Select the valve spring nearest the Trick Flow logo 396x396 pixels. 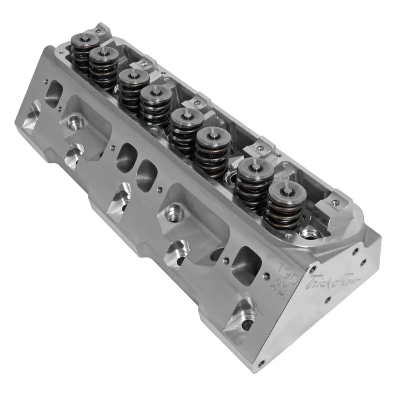click(285, 206)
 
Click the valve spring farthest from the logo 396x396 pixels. click(84, 51)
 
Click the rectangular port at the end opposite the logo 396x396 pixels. click(54, 93)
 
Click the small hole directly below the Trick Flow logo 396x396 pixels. click(327, 300)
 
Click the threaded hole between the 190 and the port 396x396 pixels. click(267, 276)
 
